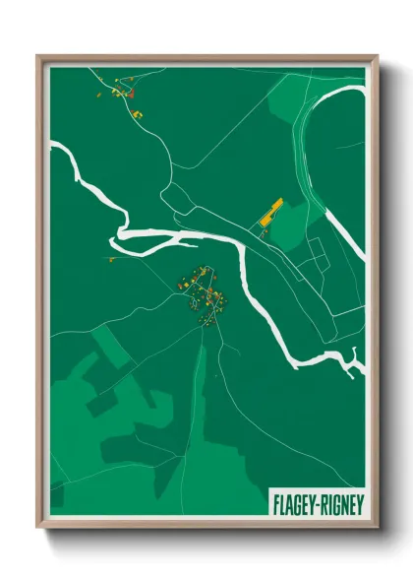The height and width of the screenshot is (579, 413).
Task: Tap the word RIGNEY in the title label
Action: (x=341, y=503)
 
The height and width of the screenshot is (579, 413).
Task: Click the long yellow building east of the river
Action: (x=270, y=211)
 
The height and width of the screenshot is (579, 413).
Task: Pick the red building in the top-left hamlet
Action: (x=129, y=95)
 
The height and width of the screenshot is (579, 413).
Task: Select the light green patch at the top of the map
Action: (x=285, y=94)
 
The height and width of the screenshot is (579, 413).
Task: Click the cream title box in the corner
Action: (x=317, y=503)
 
